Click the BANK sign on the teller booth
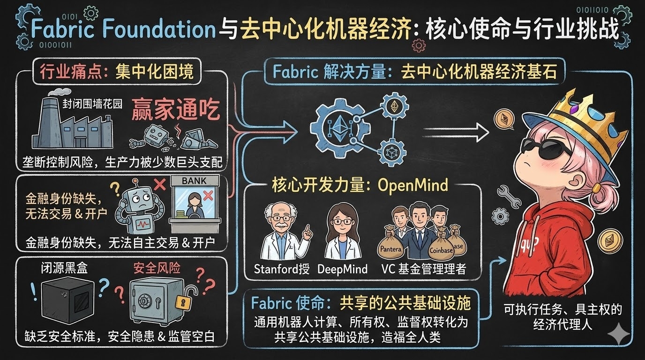tap(194, 180)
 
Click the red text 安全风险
tap(157, 268)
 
